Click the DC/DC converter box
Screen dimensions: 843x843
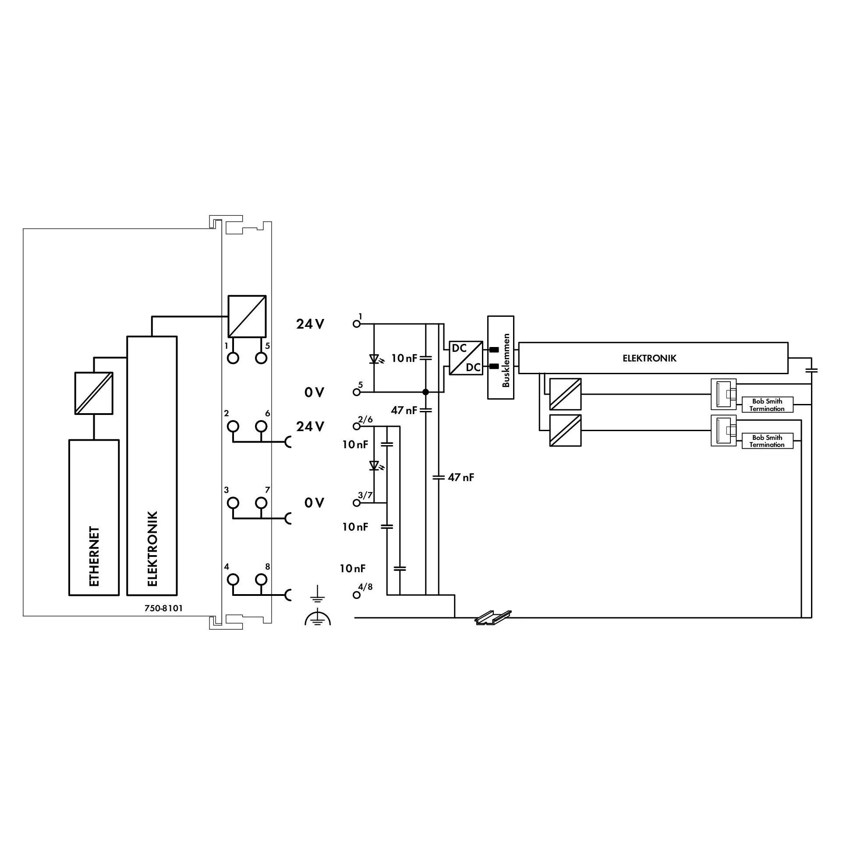click(x=466, y=358)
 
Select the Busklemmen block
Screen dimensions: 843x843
click(x=500, y=357)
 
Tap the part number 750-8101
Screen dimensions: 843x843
click(x=163, y=608)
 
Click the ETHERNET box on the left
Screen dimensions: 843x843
click(x=94, y=517)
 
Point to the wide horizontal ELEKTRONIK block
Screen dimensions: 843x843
click(x=653, y=358)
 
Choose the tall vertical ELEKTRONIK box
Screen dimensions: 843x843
click(x=152, y=466)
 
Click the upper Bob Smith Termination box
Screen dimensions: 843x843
click(x=767, y=405)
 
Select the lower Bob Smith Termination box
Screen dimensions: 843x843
click(x=767, y=441)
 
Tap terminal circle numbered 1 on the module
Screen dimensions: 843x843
click(x=234, y=358)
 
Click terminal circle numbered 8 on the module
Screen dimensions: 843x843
click(x=261, y=580)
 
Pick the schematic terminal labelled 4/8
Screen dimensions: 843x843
click(x=357, y=595)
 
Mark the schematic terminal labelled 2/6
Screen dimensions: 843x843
click(x=357, y=426)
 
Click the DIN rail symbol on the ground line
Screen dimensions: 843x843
click(x=493, y=617)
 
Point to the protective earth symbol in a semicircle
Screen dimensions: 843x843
click(x=318, y=618)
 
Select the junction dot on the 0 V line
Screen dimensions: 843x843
click(x=425, y=392)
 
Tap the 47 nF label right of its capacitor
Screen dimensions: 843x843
click(x=461, y=478)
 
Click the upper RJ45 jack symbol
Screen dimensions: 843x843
click(x=723, y=394)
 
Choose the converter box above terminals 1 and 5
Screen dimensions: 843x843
click(x=247, y=316)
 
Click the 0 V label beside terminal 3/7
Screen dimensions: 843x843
click(x=314, y=503)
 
